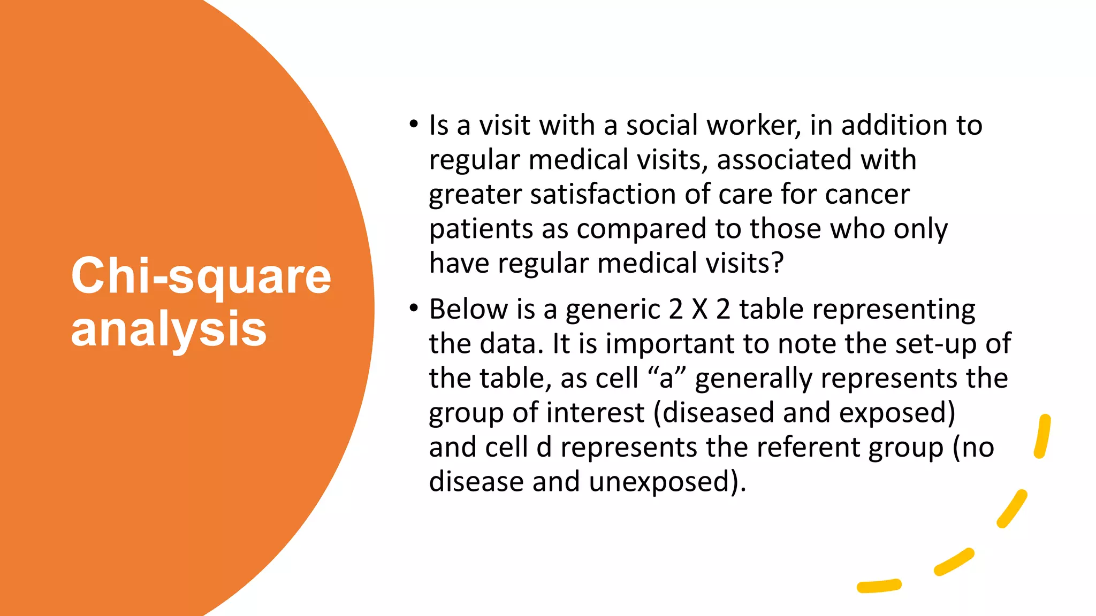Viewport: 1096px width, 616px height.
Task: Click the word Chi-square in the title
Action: pos(201,277)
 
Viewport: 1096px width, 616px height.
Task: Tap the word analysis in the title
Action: pos(169,329)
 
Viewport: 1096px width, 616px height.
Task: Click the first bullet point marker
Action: pos(413,125)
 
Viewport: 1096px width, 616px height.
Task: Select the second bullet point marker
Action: pos(413,309)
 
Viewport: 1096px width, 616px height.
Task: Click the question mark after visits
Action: pos(778,263)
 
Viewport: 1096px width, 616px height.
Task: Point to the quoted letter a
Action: pos(666,379)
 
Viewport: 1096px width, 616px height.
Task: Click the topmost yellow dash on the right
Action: pos(1042,436)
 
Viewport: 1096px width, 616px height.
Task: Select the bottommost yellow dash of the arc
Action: pos(879,586)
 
